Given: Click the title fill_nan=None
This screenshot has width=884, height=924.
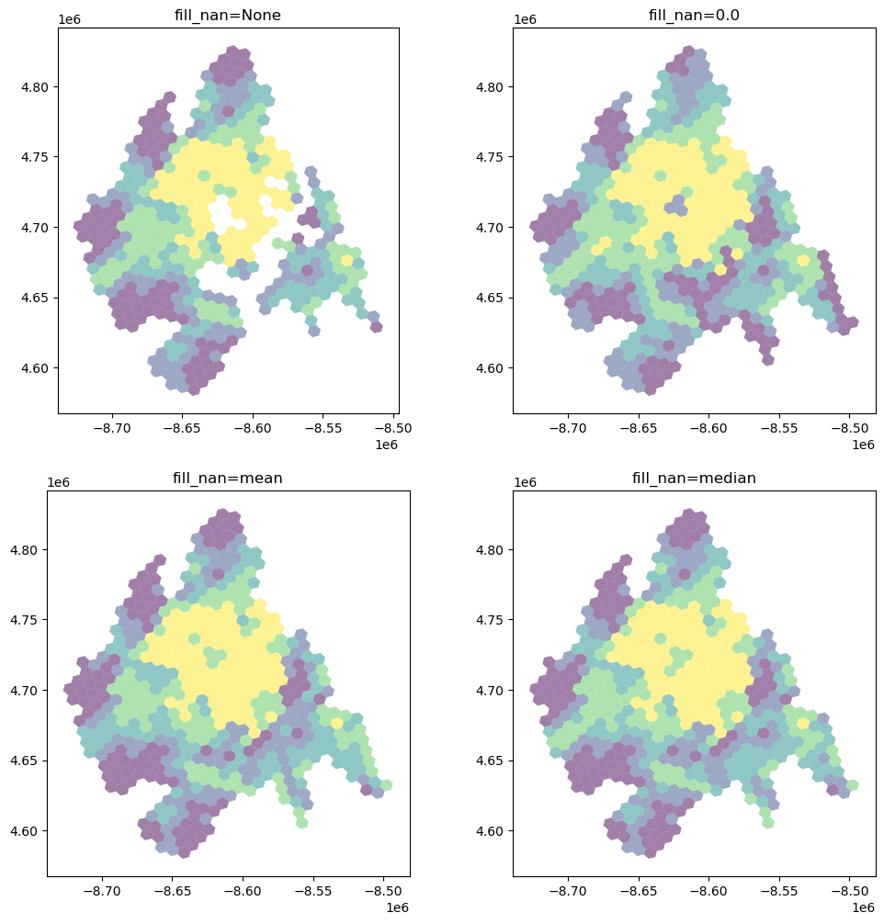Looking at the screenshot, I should coord(228,15).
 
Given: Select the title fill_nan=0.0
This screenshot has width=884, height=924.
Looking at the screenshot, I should coord(694,15).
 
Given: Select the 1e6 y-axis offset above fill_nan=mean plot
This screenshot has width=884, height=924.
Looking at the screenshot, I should coord(59,482).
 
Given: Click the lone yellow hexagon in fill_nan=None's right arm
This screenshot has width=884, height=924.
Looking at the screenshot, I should coord(346,260).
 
